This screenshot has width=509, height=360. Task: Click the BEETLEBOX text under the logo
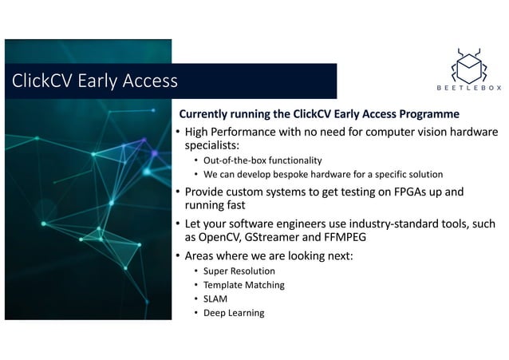[x=469, y=89]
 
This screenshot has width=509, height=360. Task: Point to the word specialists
[x=211, y=145]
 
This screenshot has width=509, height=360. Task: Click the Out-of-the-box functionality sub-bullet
[x=262, y=160]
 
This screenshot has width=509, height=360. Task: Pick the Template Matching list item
[x=243, y=285]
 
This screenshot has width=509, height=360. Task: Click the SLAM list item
[x=215, y=299]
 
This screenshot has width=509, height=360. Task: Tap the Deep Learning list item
[x=234, y=313]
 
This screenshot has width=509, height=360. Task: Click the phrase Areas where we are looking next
[x=268, y=256]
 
